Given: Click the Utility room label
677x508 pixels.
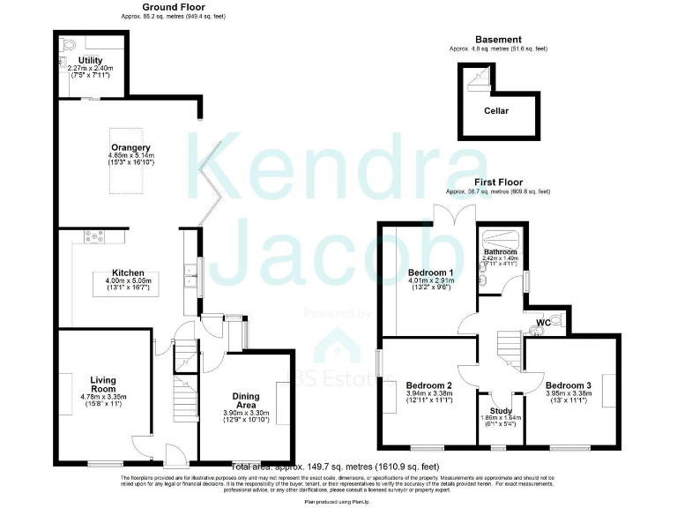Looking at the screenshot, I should coord(90,60).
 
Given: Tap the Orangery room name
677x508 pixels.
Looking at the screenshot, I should coord(130,147).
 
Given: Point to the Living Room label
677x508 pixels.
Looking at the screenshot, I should coord(103,384).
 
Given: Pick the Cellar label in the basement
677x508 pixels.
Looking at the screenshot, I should coord(496,111).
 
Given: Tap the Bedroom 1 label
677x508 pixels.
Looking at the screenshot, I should coord(430,272).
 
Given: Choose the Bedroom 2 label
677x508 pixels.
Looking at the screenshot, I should coord(429,385).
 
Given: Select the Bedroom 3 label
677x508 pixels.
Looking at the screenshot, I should coord(568,385).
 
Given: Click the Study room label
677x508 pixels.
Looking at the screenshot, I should coord(501,411).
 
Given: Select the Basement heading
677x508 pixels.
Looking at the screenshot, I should coord(498,40).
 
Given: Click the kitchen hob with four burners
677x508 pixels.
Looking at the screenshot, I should coord(92,235).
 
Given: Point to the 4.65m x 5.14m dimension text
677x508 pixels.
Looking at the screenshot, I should coord(130,155).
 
